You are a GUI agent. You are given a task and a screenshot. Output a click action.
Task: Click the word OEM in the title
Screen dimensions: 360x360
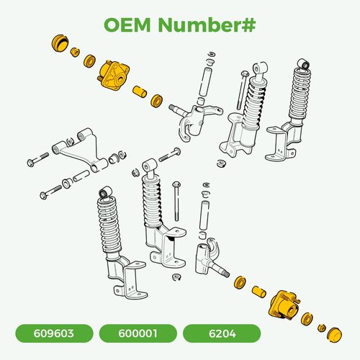click(x=127, y=24)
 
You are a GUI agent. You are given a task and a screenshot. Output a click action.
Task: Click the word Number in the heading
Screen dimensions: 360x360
click(x=197, y=24)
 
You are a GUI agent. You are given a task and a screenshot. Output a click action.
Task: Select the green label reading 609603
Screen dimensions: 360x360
click(x=54, y=333)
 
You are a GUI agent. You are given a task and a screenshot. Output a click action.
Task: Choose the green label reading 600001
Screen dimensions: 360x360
click(x=138, y=333)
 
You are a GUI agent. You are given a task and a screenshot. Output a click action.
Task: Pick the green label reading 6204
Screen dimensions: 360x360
click(x=222, y=333)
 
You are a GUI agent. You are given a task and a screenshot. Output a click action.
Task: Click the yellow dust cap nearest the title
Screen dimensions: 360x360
click(x=60, y=43)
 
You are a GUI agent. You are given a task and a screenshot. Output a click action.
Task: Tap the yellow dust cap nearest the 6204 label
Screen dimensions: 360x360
click(x=335, y=334)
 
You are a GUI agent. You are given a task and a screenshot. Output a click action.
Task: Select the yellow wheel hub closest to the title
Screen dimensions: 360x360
click(x=114, y=75)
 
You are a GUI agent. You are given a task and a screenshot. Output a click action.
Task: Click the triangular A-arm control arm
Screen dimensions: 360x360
click(x=80, y=150)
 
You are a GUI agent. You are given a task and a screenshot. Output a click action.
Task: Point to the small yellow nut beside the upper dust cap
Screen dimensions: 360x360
click(x=75, y=52)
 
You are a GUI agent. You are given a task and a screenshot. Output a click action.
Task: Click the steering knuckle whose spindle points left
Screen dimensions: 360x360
click(x=194, y=120)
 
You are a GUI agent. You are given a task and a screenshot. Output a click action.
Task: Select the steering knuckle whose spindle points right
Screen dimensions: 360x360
click(x=208, y=258)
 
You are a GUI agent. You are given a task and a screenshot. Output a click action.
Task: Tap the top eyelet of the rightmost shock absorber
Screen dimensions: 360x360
click(x=304, y=64)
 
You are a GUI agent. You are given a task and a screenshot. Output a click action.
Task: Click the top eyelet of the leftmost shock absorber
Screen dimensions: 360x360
click(x=106, y=192)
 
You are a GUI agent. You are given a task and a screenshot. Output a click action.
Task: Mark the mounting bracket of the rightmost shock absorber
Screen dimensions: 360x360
click(x=283, y=142)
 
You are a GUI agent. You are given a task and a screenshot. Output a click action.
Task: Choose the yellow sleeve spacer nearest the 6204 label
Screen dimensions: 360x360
click(x=259, y=292)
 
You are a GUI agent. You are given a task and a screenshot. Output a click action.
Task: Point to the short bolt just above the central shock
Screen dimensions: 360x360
click(x=170, y=155)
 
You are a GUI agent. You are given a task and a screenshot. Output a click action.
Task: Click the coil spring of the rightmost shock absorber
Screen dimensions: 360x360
click(x=300, y=92)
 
